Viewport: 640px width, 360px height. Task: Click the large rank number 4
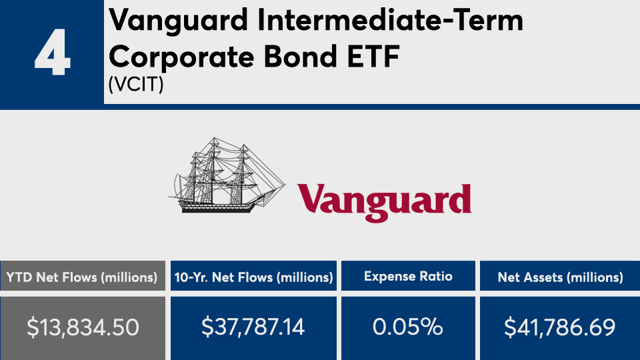coord(53,52)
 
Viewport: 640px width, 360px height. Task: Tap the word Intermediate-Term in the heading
coord(390,20)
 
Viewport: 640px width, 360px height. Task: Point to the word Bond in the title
coord(301,56)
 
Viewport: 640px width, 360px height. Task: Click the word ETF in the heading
coord(373,56)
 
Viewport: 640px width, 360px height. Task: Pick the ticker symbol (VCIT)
coord(136,85)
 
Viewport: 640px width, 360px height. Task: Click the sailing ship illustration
coord(227,175)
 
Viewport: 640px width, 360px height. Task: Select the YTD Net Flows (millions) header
coord(82,277)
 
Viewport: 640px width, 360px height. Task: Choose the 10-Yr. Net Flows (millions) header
coord(254,277)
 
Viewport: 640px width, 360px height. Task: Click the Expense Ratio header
coord(408,276)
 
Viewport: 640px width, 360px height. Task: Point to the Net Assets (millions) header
coord(561,277)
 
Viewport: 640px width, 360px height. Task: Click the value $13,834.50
coord(83,327)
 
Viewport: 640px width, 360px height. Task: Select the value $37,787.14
coord(253,327)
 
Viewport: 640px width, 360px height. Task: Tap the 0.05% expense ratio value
coord(408,327)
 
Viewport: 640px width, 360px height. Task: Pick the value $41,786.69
coord(559,327)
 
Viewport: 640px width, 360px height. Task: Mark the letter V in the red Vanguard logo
coord(311,198)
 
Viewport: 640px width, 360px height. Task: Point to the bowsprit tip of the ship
coord(285,185)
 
